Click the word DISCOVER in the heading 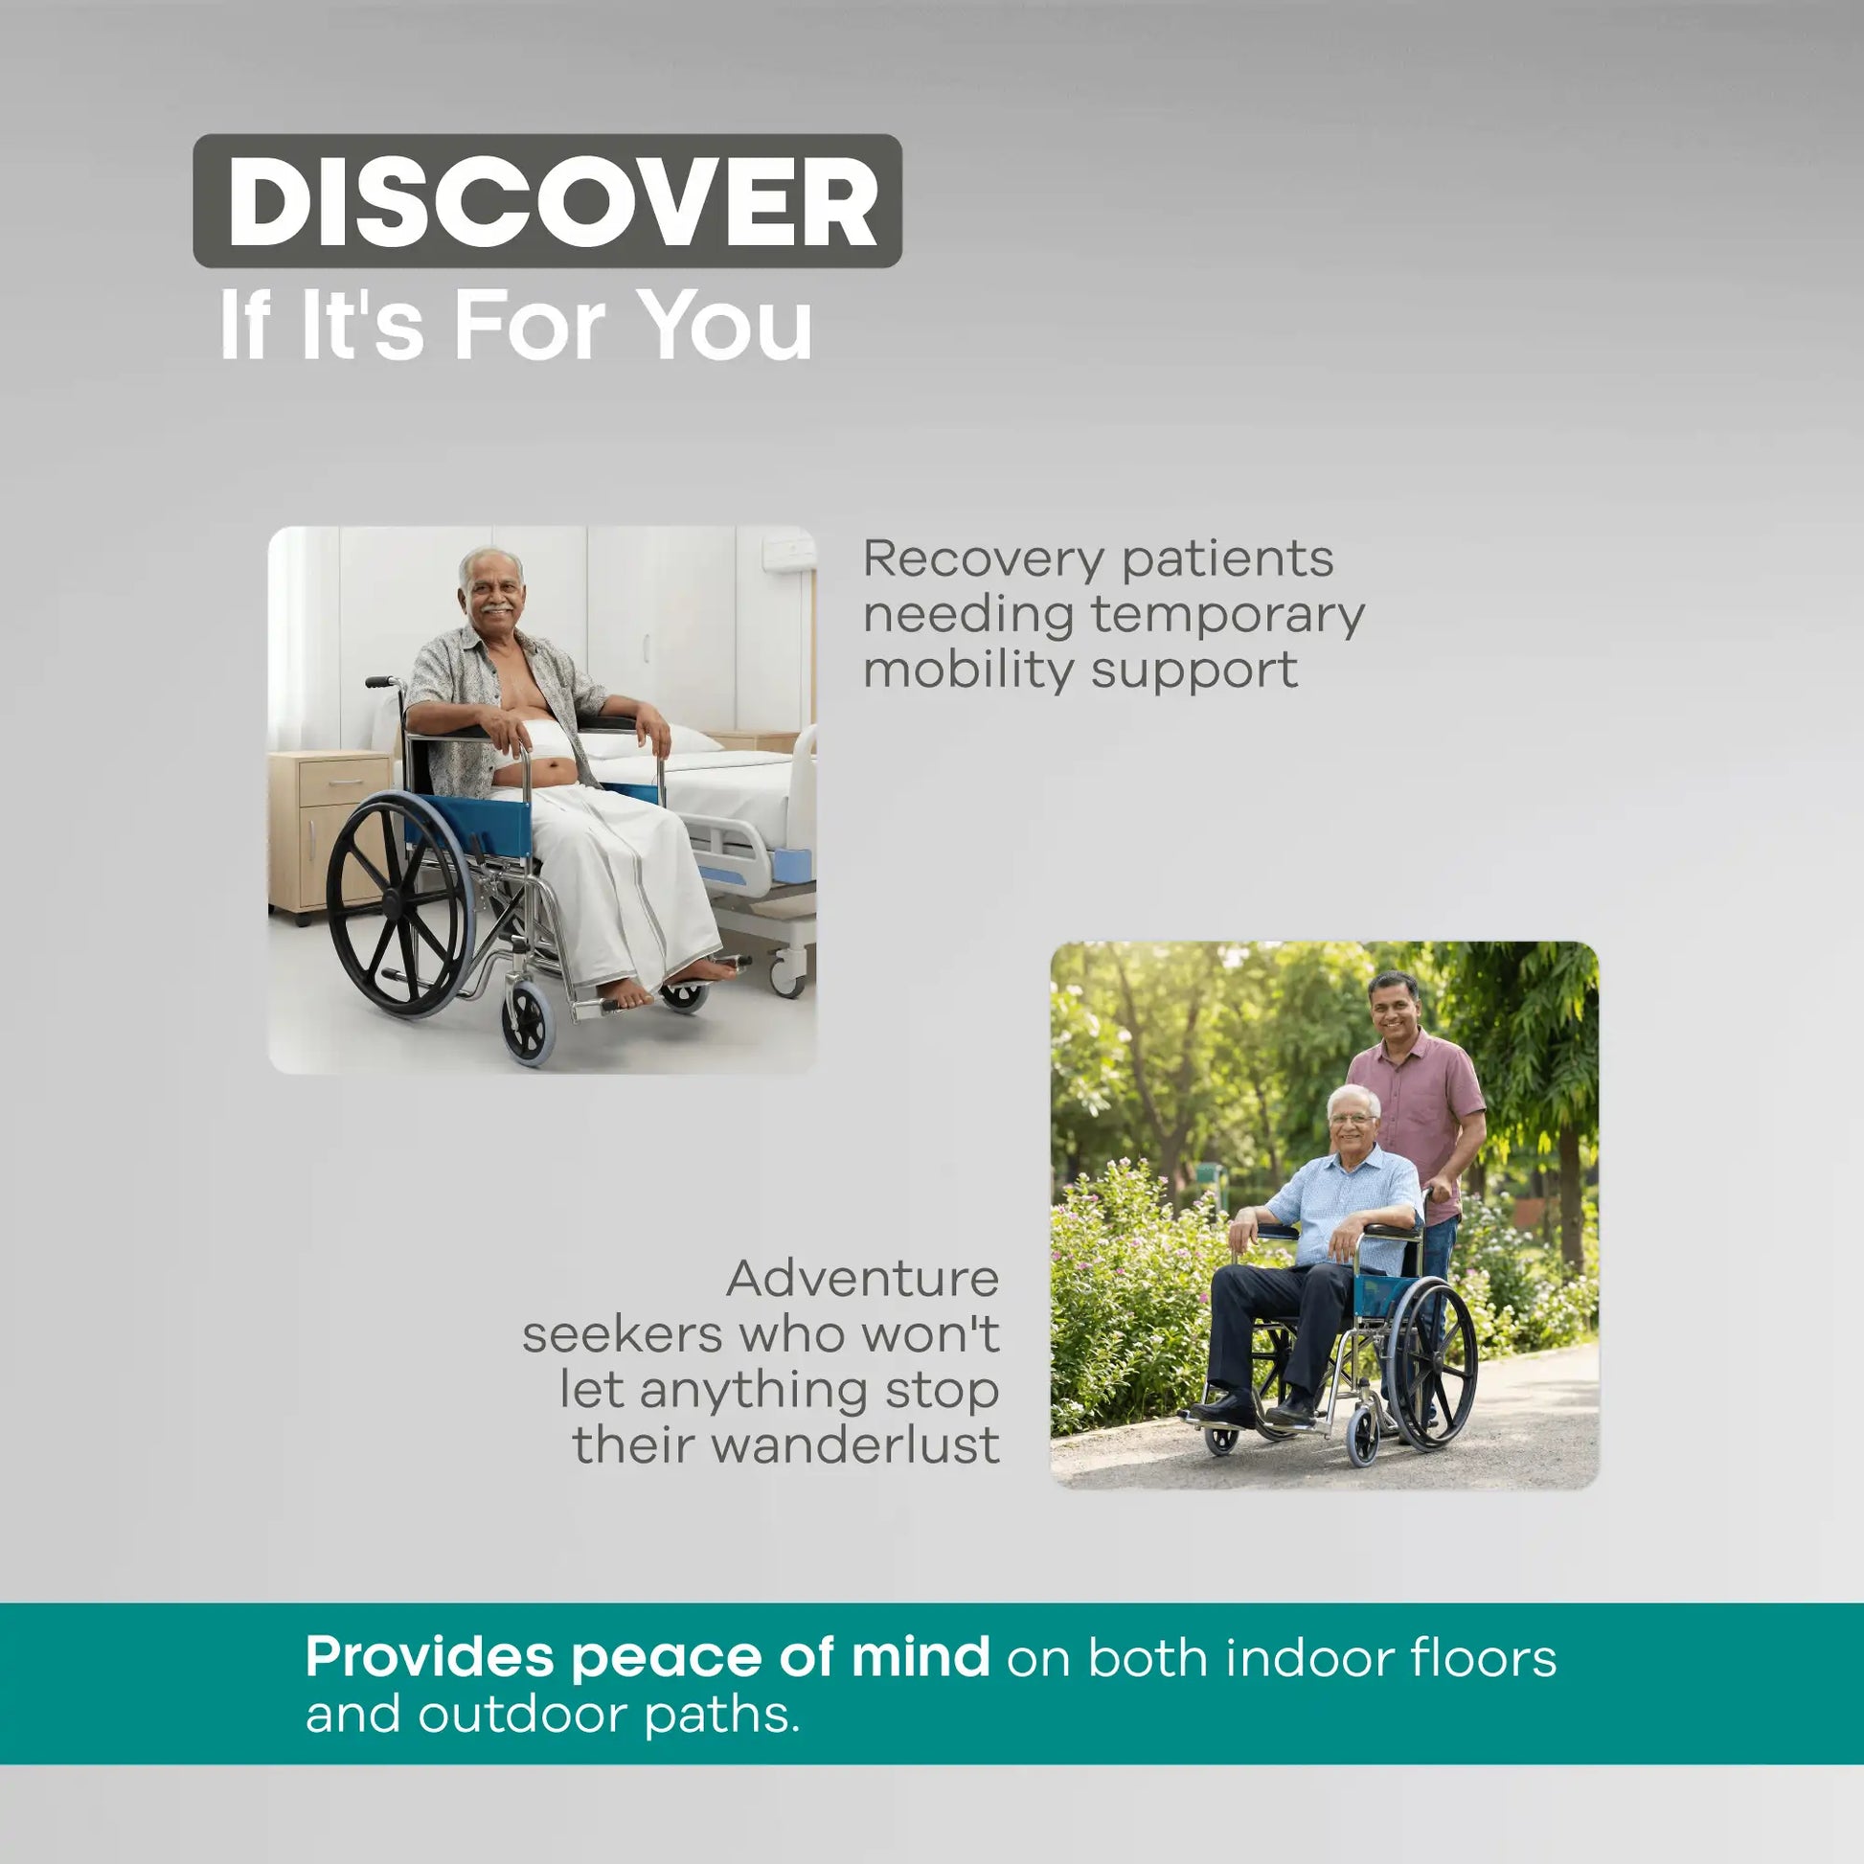coord(552,202)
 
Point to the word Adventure coord(862,1280)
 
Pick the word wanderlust coord(854,1445)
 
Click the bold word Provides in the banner coord(429,1656)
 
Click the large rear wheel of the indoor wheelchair coord(400,904)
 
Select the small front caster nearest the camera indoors coord(528,1025)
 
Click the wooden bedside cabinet coord(328,833)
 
